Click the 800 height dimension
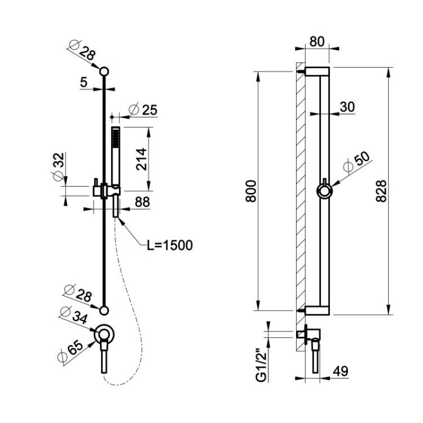pyautogui.click(x=251, y=191)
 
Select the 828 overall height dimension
pyautogui.click(x=381, y=191)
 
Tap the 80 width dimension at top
pyautogui.click(x=317, y=42)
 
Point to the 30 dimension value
pyautogui.click(x=347, y=107)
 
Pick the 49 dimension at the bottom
pyautogui.click(x=340, y=372)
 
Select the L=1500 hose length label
pyautogui.click(x=170, y=245)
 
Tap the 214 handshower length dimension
pyautogui.click(x=142, y=159)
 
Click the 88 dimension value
pyautogui.click(x=142, y=202)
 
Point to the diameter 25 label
pyautogui.click(x=143, y=110)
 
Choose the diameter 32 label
pyautogui.click(x=59, y=167)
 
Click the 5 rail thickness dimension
pyautogui.click(x=84, y=82)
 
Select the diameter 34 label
pyautogui.click(x=73, y=315)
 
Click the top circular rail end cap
pyautogui.click(x=104, y=72)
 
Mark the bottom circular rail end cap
pyautogui.click(x=104, y=311)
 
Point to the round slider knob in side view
pyautogui.click(x=324, y=191)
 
